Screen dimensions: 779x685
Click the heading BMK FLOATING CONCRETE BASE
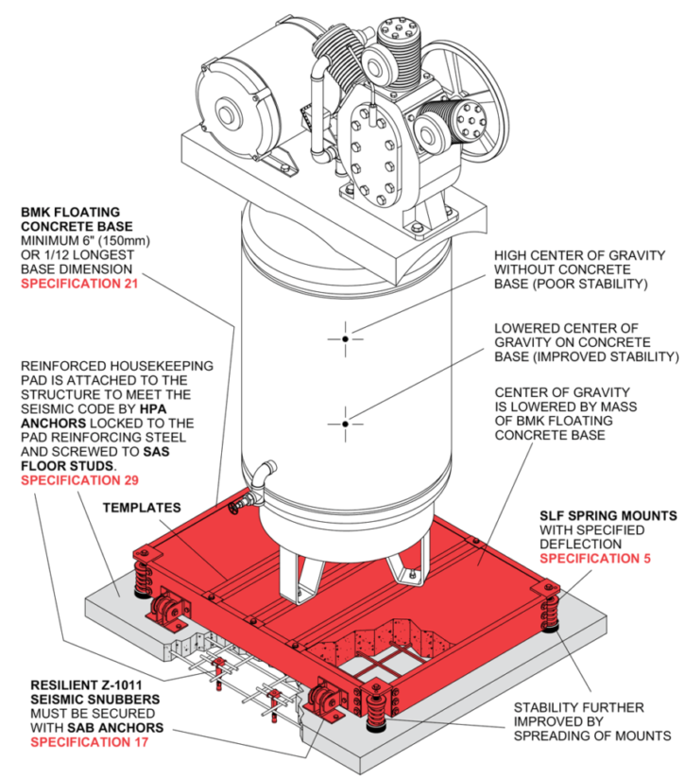pyautogui.click(x=77, y=220)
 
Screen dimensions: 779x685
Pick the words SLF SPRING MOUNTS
pyautogui.click(x=608, y=515)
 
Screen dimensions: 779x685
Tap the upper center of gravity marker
pyautogui.click(x=347, y=338)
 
